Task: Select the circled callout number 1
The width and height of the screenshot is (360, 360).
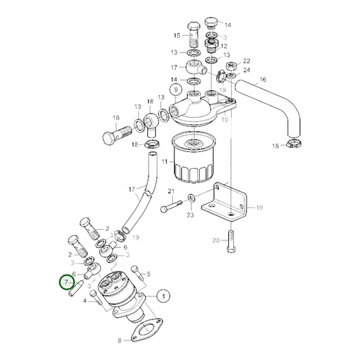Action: [x=163, y=294]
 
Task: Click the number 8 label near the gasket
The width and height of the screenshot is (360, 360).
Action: [x=120, y=341]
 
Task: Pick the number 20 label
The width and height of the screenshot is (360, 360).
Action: [x=215, y=240]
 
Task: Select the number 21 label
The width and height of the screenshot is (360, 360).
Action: [x=171, y=192]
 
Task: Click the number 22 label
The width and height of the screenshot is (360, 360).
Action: [x=247, y=61]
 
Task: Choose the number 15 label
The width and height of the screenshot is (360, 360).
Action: [x=177, y=34]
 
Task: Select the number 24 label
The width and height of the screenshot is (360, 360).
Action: [x=247, y=70]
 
